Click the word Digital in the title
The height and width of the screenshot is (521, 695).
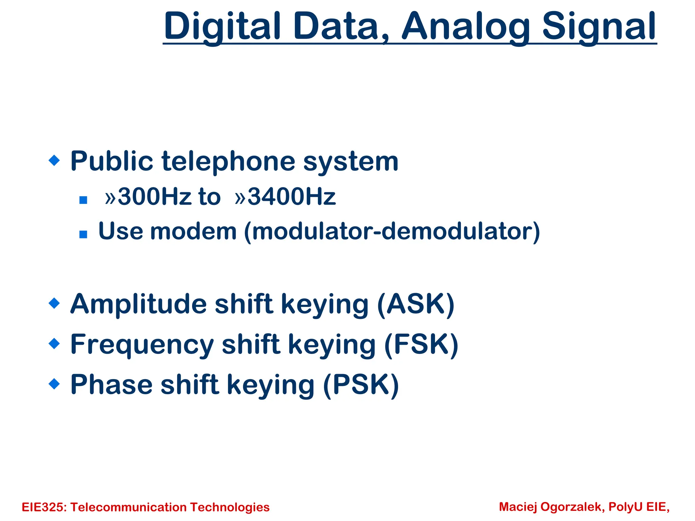coord(222,26)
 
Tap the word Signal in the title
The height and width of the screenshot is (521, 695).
coord(599,26)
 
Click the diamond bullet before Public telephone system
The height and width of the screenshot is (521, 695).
coord(54,160)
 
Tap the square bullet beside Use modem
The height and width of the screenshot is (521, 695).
coord(83,234)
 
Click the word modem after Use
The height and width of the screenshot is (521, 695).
coord(193,231)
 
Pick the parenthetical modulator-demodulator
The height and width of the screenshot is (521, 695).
coord(392,232)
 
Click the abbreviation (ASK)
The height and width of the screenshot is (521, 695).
coord(416,304)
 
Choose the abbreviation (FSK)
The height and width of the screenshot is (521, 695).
coord(421,345)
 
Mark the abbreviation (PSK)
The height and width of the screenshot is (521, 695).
coord(361,385)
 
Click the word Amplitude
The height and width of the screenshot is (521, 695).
coord(138,304)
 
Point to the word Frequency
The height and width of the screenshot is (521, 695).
coord(142,345)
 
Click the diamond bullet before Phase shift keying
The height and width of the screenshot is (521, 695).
coord(54,384)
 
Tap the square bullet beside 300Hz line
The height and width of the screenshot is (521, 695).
coord(83,200)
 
